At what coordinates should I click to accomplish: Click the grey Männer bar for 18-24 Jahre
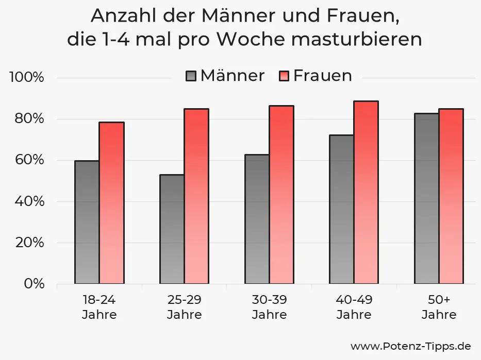point(87,222)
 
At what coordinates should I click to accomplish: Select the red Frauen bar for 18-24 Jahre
point(111,203)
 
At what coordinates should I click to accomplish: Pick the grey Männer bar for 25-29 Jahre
point(172,229)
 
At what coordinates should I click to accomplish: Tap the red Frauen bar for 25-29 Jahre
point(196,196)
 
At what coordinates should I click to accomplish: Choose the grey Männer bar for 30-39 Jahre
point(257,219)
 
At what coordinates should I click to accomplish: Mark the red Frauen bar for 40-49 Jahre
point(366,192)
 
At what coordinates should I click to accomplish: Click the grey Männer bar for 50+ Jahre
point(426,198)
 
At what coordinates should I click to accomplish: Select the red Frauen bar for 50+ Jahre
point(451,196)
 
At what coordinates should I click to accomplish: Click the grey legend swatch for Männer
point(191,76)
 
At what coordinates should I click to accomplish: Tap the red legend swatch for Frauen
point(284,76)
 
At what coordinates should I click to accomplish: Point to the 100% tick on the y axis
point(27,78)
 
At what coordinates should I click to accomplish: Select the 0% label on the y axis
point(35,284)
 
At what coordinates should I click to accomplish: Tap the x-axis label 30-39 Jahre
point(269,307)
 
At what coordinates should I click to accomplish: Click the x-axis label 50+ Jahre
point(439,307)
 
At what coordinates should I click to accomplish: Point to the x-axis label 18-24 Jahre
point(99,307)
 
